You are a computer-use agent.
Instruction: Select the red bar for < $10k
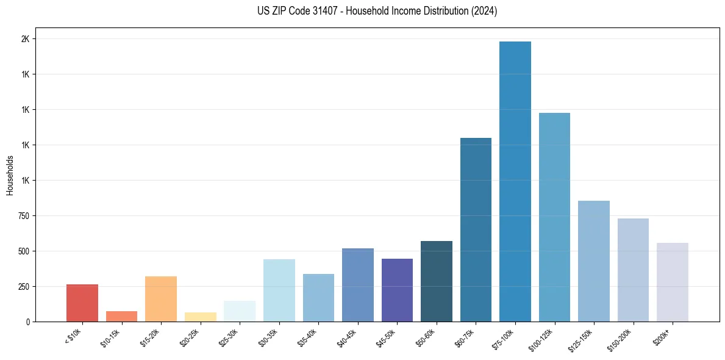pos(82,303)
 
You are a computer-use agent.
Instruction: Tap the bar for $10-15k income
pos(121,316)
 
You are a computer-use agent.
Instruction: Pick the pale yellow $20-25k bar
pos(201,317)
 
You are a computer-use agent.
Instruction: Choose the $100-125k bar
pos(554,217)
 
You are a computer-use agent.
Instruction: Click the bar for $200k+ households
pos(672,282)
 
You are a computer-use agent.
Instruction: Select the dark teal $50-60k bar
pos(437,281)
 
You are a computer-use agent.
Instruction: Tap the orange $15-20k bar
pos(161,298)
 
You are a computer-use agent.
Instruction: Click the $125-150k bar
pos(594,261)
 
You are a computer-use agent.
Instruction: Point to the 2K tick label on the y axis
pos(26,39)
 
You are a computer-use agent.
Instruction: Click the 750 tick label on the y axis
pos(24,216)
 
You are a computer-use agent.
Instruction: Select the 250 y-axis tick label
pos(24,287)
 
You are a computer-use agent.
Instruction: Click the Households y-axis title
pos(10,175)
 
